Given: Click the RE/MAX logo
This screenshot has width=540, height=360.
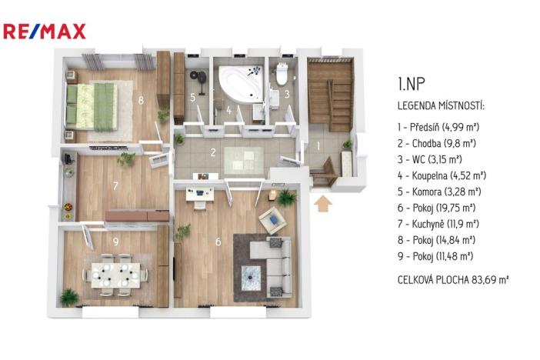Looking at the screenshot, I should [x=45, y=32].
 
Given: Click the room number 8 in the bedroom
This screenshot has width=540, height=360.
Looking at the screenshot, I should [x=141, y=99].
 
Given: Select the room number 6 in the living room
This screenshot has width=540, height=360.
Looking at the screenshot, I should [x=218, y=242].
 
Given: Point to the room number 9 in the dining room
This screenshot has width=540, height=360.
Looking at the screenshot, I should [x=115, y=241].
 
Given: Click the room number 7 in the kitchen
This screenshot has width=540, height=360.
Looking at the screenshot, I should [x=115, y=186].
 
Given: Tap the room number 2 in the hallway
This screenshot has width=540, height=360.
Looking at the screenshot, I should [x=213, y=152].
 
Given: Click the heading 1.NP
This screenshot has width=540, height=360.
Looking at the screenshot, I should [x=408, y=84].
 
